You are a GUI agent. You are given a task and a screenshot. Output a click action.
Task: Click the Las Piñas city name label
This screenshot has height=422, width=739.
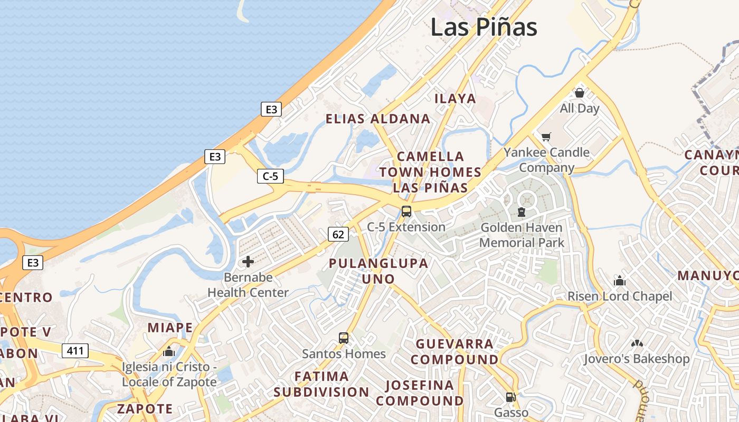click(484, 27)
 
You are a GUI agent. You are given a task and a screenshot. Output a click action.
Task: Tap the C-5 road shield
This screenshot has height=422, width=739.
click(270, 176)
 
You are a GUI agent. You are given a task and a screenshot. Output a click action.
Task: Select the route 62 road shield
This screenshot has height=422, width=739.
click(338, 234)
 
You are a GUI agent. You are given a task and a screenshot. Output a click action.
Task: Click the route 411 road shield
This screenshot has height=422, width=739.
click(75, 350)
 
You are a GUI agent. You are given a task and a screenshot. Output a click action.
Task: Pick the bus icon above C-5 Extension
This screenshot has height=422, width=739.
click(406, 212)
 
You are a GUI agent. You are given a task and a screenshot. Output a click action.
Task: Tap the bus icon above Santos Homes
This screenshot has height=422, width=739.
click(344, 338)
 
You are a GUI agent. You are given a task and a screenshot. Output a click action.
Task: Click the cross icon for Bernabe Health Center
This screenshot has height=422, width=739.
click(248, 261)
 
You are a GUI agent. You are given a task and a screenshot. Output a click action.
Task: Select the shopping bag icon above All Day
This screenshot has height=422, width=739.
click(580, 93)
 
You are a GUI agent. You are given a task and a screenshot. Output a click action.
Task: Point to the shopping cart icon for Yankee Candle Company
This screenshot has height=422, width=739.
click(546, 137)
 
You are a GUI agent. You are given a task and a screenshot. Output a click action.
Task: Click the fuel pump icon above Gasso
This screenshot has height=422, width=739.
click(510, 397)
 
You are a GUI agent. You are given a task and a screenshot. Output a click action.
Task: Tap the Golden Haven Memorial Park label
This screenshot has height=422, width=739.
click(522, 235)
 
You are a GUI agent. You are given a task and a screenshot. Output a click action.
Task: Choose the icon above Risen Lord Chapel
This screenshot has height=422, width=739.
click(620, 281)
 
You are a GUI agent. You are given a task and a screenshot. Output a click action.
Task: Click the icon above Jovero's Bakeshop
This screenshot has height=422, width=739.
click(637, 343)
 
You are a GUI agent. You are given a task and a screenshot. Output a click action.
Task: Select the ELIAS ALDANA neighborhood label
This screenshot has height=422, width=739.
click(378, 119)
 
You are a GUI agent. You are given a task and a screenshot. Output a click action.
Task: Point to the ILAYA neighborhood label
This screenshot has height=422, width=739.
click(455, 99)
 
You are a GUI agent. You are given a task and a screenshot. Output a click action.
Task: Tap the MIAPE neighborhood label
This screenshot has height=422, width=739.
click(170, 328)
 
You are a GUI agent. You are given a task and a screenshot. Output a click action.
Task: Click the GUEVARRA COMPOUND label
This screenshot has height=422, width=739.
click(457, 352)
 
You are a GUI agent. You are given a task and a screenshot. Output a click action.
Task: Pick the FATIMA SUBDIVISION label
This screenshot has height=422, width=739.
click(321, 384)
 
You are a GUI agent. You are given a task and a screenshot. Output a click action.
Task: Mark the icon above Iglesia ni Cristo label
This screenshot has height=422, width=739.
click(169, 351)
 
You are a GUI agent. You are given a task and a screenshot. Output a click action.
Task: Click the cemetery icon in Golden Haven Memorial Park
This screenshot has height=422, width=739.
click(522, 213)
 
